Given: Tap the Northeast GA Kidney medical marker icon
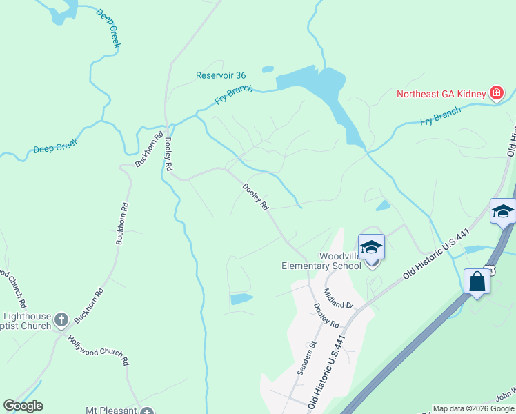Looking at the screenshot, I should pyautogui.click(x=495, y=93).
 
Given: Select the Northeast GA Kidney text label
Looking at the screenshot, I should pyautogui.click(x=441, y=94).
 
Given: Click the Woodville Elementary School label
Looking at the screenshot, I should pyautogui.click(x=321, y=261).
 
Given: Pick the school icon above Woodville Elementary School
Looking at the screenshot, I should pyautogui.click(x=371, y=248).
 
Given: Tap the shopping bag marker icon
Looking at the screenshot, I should pyautogui.click(x=477, y=282).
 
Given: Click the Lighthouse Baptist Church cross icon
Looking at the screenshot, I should pyautogui.click(x=61, y=319).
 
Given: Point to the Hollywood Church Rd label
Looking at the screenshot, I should pyautogui.click(x=98, y=350).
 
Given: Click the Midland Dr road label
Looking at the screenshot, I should pyautogui.click(x=338, y=299).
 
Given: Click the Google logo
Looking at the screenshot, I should pyautogui.click(x=23, y=406).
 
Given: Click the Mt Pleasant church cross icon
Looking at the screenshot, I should pyautogui.click(x=146, y=412).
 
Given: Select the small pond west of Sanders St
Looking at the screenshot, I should pyautogui.click(x=241, y=299).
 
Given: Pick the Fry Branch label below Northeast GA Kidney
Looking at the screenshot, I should pyautogui.click(x=440, y=117).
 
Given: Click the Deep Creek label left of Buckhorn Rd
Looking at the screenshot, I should pyautogui.click(x=56, y=146).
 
